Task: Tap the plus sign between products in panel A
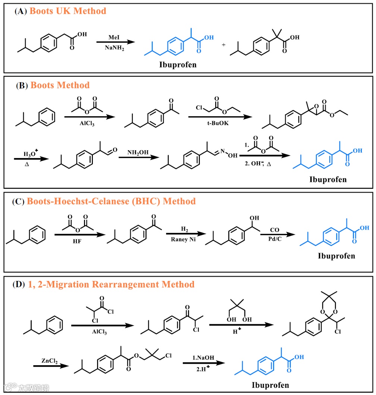[223, 45]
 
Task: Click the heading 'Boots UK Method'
[68, 11]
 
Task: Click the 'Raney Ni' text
[182, 240]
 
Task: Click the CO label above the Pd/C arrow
[275, 228]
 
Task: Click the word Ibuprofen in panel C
[336, 256]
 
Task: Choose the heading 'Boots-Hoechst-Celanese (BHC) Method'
[111, 202]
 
